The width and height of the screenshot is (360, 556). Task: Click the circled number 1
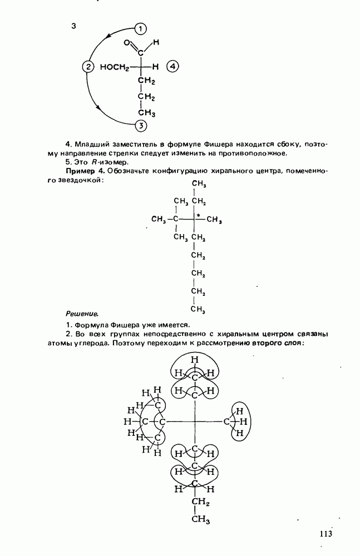141,28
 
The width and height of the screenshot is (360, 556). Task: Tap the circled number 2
87,67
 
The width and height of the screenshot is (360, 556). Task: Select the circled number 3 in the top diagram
141,125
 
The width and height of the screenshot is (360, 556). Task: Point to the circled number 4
173,67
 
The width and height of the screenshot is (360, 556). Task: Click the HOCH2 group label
115,68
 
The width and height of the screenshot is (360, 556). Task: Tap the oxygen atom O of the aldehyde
127,43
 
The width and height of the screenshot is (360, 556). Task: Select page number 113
326,534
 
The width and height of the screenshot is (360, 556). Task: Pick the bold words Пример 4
85,170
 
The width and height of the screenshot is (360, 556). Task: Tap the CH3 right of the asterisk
215,220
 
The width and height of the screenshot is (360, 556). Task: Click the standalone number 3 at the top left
73,27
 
